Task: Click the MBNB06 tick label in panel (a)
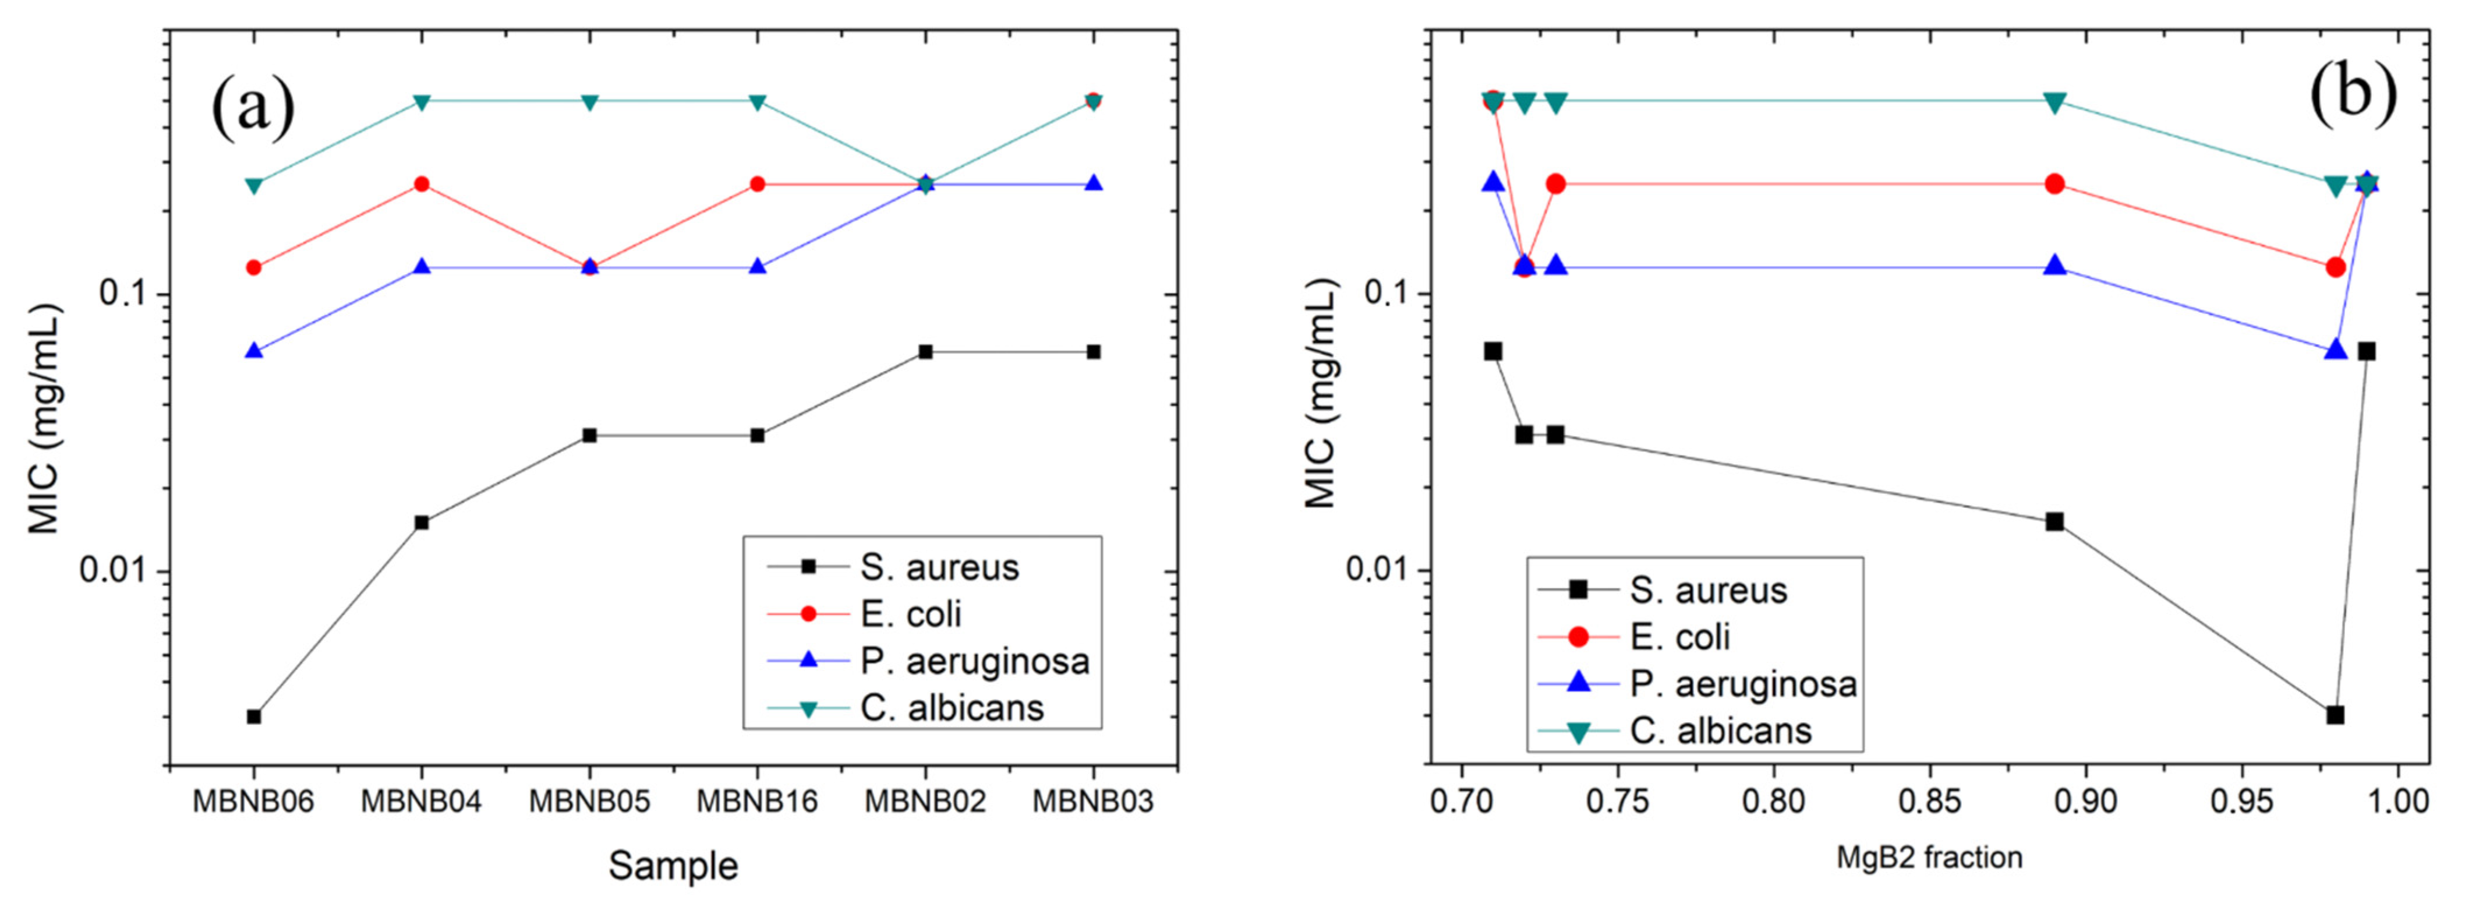[253, 801]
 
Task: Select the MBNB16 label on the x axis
[757, 801]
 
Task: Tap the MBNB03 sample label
[1093, 801]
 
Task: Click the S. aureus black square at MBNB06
[253, 717]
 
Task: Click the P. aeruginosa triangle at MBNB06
[253, 351]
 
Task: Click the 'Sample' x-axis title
[673, 866]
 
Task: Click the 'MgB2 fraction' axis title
[1929, 858]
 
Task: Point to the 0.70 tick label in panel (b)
[1461, 801]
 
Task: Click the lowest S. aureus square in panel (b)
[2335, 715]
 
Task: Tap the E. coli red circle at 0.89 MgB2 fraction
[2054, 183]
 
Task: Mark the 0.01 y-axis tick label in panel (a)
[113, 571]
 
